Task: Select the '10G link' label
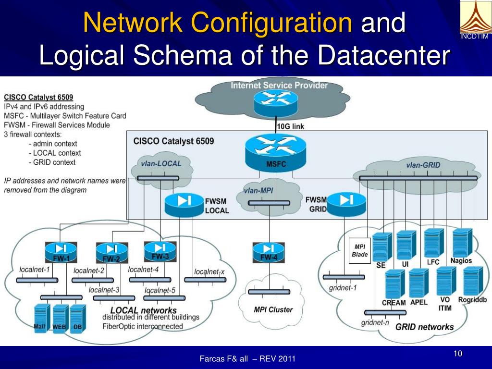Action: pyautogui.click(x=290, y=126)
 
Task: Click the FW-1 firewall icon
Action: pyautogui.click(x=61, y=251)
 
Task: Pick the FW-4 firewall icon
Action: pyautogui.click(x=269, y=251)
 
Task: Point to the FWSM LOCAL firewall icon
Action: pyautogui.click(x=184, y=205)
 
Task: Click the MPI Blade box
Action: pyautogui.click(x=359, y=251)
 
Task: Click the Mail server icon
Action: pyautogui.click(x=41, y=318)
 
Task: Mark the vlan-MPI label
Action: pyautogui.click(x=258, y=191)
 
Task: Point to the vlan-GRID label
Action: pyautogui.click(x=423, y=165)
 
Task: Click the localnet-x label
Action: pyautogui.click(x=209, y=271)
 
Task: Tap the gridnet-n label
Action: pyautogui.click(x=375, y=323)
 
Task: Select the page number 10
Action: pyautogui.click(x=457, y=354)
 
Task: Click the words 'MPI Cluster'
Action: pyautogui.click(x=273, y=310)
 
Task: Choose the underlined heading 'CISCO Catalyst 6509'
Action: pyautogui.click(x=38, y=98)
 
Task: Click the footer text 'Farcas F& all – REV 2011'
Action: pyautogui.click(x=247, y=359)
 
